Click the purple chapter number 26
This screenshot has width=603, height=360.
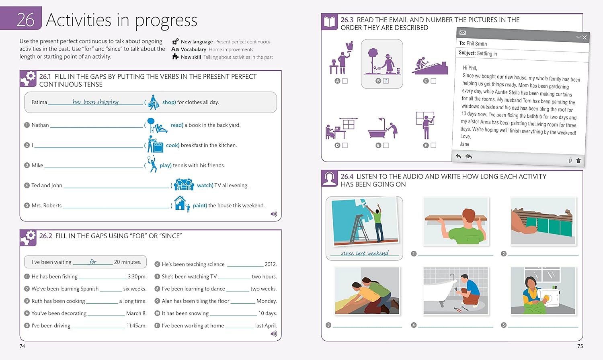pos(25,20)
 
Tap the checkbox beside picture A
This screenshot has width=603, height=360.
pos(345,81)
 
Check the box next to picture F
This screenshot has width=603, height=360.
pos(433,145)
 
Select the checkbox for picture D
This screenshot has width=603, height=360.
pos(345,145)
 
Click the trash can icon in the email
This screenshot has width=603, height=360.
pos(578,161)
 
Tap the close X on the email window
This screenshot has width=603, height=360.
pos(585,37)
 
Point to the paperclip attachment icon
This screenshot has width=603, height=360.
pos(570,160)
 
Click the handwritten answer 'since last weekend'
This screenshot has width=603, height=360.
pos(365,253)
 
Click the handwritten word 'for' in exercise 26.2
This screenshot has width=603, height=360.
pos(92,262)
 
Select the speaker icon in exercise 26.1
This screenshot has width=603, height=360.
pos(274,214)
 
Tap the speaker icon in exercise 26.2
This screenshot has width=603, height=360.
pos(274,333)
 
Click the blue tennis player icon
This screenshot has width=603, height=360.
pos(152,164)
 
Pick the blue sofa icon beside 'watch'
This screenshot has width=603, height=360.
pos(184,184)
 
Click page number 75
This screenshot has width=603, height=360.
pos(580,346)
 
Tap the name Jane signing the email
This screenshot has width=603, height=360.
pos(465,144)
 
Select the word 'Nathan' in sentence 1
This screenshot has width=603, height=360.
pos(40,125)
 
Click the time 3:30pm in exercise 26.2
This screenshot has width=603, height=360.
pos(137,276)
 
